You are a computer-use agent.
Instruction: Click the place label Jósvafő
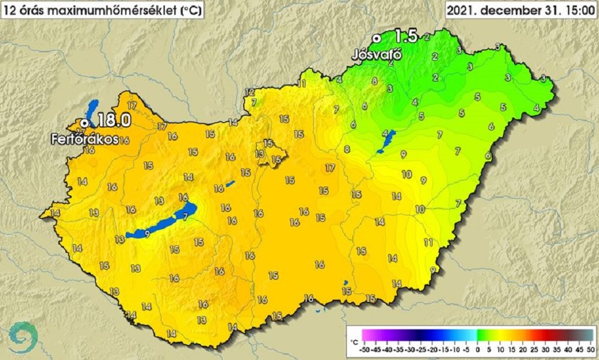[x=376, y=55]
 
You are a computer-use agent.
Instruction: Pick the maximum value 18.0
[x=114, y=120]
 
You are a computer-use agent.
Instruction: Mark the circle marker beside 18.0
[x=84, y=122]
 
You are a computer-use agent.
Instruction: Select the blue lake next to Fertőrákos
[x=90, y=110]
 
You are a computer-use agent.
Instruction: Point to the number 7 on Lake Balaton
[x=185, y=216]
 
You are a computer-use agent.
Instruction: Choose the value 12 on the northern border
[x=250, y=92]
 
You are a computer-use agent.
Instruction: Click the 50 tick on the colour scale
[x=589, y=348]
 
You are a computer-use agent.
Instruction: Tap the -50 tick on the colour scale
[x=364, y=348]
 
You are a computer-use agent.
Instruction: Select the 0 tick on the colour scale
[x=477, y=348]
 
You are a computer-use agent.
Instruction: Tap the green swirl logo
[x=24, y=337]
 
